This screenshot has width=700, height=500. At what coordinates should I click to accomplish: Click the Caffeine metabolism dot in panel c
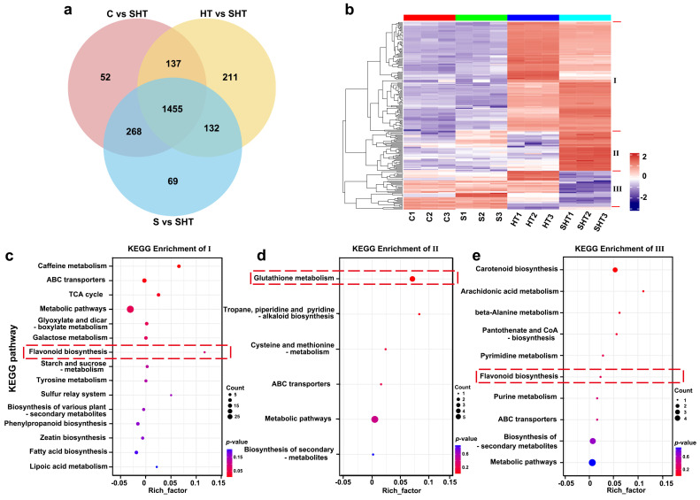[179, 266]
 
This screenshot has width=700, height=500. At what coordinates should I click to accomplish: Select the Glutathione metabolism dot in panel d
[412, 280]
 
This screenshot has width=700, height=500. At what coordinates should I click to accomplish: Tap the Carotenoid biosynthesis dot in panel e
[615, 269]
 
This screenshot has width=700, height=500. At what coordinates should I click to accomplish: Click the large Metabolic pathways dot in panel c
[130, 309]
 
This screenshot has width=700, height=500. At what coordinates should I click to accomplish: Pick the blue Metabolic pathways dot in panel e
[592, 462]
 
